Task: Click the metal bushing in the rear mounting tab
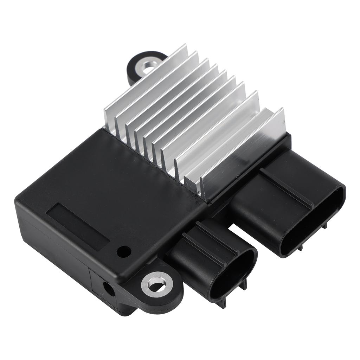click(x=148, y=67)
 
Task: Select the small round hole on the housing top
click(x=124, y=251)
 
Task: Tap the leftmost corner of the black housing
click(x=17, y=200)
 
